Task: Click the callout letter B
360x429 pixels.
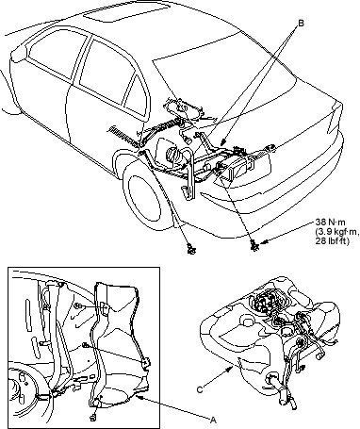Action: [301, 23]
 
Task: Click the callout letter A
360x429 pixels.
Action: [214, 420]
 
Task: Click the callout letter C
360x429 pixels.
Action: [200, 389]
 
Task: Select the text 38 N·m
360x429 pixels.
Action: [330, 223]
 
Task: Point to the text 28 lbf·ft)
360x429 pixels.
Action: [333, 241]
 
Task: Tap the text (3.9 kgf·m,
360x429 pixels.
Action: [336, 232]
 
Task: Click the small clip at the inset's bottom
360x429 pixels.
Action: [93, 418]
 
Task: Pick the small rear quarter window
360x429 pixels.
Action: [135, 92]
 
